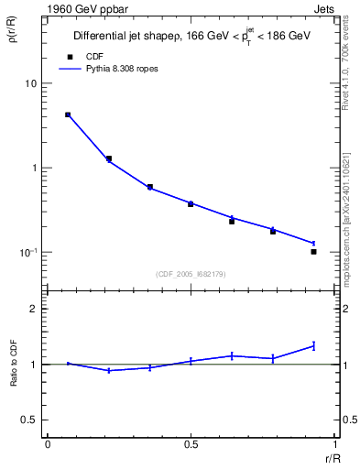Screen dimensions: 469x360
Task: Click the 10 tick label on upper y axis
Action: (31, 83)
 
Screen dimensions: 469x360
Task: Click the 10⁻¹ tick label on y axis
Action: (28, 253)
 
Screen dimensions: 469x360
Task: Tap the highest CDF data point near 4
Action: (68, 115)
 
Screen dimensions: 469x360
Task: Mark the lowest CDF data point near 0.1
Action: (313, 251)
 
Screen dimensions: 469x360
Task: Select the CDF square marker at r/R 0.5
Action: (191, 203)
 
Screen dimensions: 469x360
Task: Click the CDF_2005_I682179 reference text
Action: (191, 273)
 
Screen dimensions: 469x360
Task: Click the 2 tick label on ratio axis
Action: (34, 309)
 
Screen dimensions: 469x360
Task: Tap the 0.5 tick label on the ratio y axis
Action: (29, 420)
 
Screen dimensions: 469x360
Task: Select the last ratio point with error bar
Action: (313, 345)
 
